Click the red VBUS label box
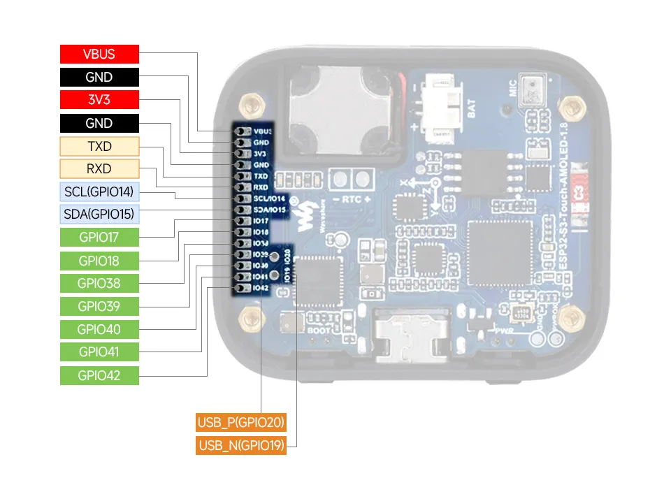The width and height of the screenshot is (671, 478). [99, 55]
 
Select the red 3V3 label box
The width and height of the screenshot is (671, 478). [99, 100]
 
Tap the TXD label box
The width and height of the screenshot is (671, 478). [99, 146]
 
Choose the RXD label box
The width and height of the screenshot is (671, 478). [99, 168]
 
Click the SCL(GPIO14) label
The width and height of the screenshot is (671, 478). [99, 191]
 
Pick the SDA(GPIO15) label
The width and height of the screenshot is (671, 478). [99, 214]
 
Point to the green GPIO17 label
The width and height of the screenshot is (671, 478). [99, 238]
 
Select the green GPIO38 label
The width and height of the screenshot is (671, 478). [99, 283]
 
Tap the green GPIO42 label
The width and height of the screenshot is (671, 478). [99, 375]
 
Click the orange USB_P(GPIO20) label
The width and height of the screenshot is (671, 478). [241, 422]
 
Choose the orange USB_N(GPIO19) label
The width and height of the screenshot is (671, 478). [241, 446]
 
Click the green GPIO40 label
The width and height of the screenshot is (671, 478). [99, 329]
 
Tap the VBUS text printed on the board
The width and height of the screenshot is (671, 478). [262, 131]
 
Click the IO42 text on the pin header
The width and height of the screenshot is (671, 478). [260, 288]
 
